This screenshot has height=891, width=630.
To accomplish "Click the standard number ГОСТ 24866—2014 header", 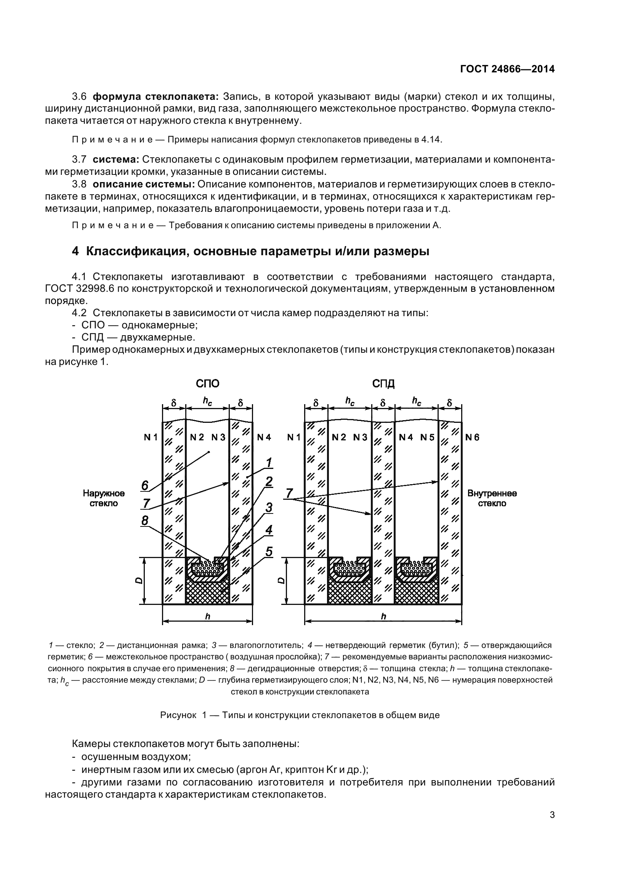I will (x=507, y=69).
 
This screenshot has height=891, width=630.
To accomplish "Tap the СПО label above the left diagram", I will (x=207, y=384).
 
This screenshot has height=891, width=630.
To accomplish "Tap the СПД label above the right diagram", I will (x=383, y=384).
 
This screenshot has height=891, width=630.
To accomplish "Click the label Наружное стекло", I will (x=104, y=498).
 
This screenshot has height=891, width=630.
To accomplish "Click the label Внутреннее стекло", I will (x=492, y=498).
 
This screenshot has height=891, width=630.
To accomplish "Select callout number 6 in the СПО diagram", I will (x=145, y=485).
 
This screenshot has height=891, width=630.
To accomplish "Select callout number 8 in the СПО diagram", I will (x=145, y=520).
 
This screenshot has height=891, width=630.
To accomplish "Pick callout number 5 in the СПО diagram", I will (x=269, y=552).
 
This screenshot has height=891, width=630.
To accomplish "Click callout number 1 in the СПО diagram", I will (x=269, y=462).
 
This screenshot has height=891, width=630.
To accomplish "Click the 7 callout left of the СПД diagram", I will (x=289, y=494).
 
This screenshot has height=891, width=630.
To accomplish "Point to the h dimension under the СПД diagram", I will (x=383, y=617).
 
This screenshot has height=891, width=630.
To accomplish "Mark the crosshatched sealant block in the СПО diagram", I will (x=207, y=594).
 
